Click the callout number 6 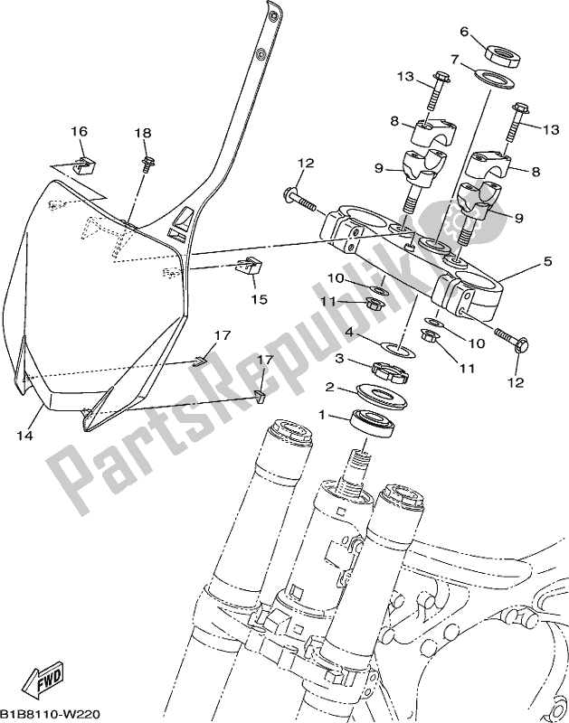click(x=464, y=32)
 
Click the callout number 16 click(x=80, y=132)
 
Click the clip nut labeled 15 click(x=247, y=267)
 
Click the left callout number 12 click(x=305, y=163)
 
